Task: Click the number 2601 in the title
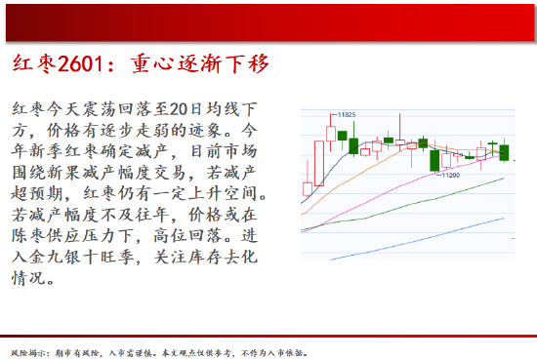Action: pyautogui.click(x=80, y=63)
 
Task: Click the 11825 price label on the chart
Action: pyautogui.click(x=347, y=115)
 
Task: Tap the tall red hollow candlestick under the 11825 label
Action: pyautogui.click(x=331, y=134)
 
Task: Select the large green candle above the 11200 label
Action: pyautogui.click(x=434, y=161)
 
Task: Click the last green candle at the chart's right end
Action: pyautogui.click(x=504, y=152)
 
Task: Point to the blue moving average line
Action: pyautogui.click(x=417, y=239)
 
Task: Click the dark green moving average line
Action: pyautogui.click(x=402, y=204)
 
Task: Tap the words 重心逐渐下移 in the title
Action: pyautogui.click(x=200, y=63)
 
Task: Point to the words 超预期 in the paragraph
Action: pyautogui.click(x=37, y=193)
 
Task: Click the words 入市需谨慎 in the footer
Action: pyautogui.click(x=130, y=353)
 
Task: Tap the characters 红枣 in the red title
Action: pyautogui.click(x=34, y=63)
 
